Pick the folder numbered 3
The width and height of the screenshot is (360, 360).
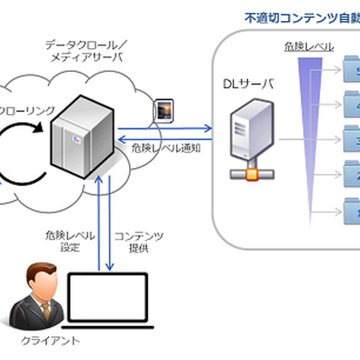350,139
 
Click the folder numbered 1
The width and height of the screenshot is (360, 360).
350,207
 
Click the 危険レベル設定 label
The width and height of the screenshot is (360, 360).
69,241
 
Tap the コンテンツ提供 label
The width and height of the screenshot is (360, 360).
139,241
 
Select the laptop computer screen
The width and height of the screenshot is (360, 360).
110,299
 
